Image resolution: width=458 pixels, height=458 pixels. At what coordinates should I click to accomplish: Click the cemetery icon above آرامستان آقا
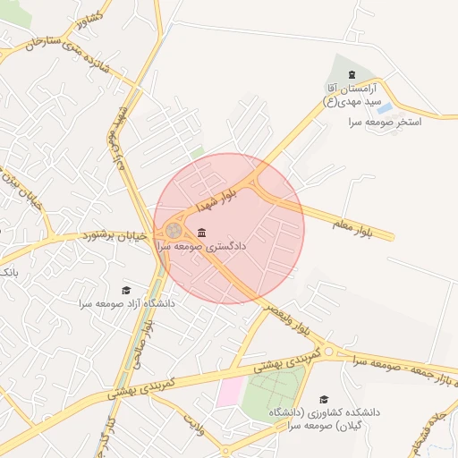coord(351,74)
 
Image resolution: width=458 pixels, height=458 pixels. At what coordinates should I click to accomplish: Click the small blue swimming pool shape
coord(385,107)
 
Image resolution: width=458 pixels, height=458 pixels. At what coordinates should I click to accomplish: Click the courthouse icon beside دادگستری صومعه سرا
coord(199,233)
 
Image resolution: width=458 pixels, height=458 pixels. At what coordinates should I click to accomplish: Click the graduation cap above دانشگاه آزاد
coord(126,290)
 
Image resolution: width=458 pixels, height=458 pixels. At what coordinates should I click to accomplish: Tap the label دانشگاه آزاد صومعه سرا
coord(126,304)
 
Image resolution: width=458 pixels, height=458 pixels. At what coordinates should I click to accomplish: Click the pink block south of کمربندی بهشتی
coord(229,391)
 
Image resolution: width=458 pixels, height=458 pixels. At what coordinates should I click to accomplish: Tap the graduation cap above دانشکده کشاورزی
coord(324,399)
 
